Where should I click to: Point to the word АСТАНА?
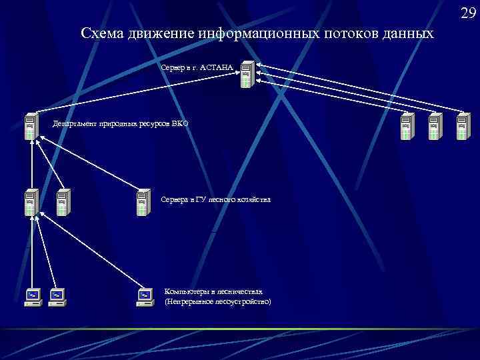click(217, 68)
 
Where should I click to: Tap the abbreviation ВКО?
click(181, 123)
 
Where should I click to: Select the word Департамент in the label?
click(75, 123)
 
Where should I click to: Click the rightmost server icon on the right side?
click(462, 127)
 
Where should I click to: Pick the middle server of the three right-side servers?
click(434, 127)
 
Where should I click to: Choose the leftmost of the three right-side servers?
click(407, 127)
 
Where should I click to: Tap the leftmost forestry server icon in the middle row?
click(31, 203)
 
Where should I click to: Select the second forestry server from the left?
click(62, 203)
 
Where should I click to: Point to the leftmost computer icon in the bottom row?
click(32, 297)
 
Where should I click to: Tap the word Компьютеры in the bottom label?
click(185, 291)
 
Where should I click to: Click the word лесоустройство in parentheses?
click(240, 301)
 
